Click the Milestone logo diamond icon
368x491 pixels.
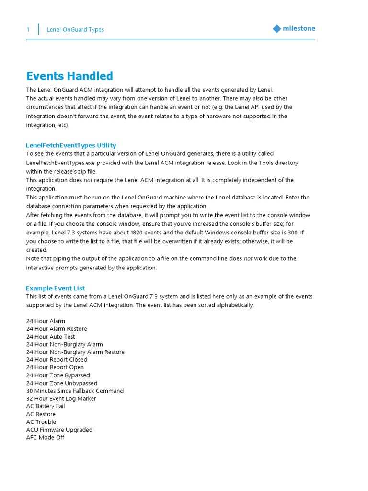(x=277, y=29)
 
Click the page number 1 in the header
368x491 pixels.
(x=28, y=30)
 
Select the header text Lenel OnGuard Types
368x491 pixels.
(x=75, y=30)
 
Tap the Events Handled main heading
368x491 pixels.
(x=69, y=76)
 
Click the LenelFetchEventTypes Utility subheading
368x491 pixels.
(x=71, y=145)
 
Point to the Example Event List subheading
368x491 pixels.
(x=56, y=288)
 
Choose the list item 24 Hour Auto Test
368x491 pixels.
(x=51, y=337)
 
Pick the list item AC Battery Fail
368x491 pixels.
(x=46, y=406)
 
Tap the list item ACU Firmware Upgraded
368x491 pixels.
(x=59, y=430)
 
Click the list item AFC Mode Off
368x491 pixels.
(x=45, y=437)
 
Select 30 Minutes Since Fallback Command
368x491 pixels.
(x=75, y=391)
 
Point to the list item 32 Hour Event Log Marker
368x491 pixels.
(x=61, y=398)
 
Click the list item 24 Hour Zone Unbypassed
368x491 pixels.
(x=62, y=383)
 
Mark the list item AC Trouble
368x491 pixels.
(x=41, y=422)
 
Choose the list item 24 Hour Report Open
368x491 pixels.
(x=55, y=367)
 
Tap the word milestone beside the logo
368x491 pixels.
(x=299, y=29)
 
